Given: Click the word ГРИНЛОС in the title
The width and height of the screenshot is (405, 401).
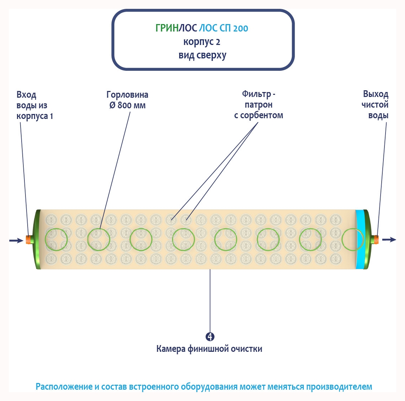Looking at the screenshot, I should pyautogui.click(x=176, y=28).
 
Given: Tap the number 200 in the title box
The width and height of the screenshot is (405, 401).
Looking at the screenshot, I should pyautogui.click(x=241, y=28).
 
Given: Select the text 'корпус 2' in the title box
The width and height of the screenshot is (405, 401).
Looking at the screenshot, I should pyautogui.click(x=202, y=42).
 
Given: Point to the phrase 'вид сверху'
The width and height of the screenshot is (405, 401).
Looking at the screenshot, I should pyautogui.click(x=202, y=56).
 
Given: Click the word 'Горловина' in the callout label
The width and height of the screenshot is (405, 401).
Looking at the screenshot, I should pyautogui.click(x=127, y=95).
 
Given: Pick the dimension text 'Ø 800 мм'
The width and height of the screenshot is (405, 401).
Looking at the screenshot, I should pyautogui.click(x=127, y=105).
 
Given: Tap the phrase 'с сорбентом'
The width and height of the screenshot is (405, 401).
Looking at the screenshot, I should pyautogui.click(x=258, y=115).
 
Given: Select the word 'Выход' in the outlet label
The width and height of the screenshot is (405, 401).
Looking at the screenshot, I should pyautogui.click(x=376, y=94).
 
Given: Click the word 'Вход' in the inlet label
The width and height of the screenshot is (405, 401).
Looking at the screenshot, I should pyautogui.click(x=27, y=95).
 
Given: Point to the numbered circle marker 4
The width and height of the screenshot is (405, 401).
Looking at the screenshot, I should pyautogui.click(x=210, y=337).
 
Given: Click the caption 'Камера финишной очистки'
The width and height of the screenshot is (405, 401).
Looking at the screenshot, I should pyautogui.click(x=209, y=349).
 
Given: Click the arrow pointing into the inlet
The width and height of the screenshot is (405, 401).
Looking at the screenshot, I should pyautogui.click(x=16, y=240).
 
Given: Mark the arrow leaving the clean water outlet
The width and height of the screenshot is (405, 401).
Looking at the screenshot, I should pyautogui.click(x=389, y=240).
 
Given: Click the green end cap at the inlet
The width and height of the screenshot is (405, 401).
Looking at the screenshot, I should pyautogui.click(x=37, y=239).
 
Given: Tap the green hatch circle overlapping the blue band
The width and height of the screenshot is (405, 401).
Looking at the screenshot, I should pyautogui.click(x=353, y=240).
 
